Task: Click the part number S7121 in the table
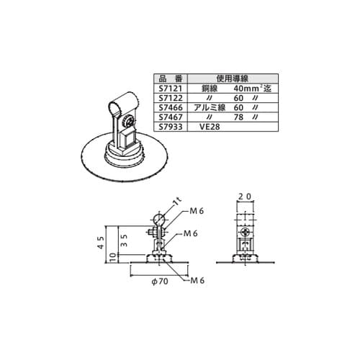point(171,89)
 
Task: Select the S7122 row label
point(171,98)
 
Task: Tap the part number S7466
point(171,107)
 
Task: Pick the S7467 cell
point(171,117)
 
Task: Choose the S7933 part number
point(171,127)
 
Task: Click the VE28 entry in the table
point(210,127)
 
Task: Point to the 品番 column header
point(171,78)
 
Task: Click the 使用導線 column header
point(232,78)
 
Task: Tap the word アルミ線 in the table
point(210,107)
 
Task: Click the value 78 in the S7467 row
point(238,117)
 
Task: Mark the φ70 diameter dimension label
point(160,281)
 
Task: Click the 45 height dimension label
point(102,243)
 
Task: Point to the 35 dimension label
point(124,240)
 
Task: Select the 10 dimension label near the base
point(114,258)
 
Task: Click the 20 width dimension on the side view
point(245,197)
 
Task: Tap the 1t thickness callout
point(178,202)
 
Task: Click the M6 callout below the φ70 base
point(197,280)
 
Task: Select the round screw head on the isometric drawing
point(127,121)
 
